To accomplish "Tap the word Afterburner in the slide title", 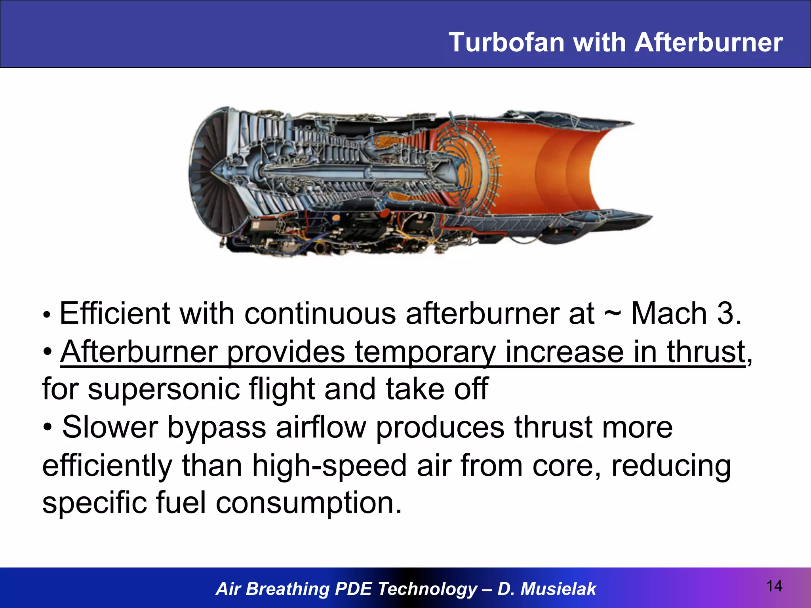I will (708, 42).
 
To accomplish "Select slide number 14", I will (774, 586).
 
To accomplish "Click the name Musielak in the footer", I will (558, 589).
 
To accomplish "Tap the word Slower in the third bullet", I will (110, 427).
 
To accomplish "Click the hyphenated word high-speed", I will (329, 466).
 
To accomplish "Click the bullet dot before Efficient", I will (47, 315).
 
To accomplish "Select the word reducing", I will (671, 466).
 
